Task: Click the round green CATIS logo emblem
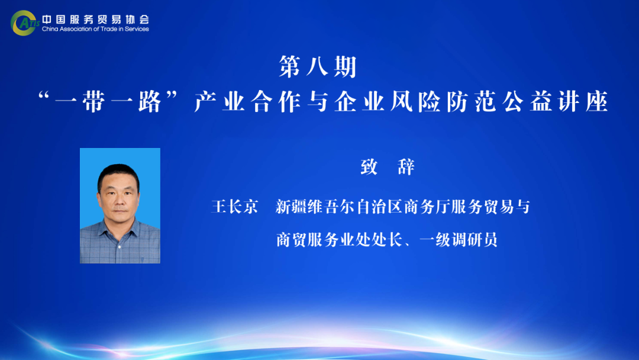click(x=23, y=23)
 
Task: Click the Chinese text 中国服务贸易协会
click(x=96, y=19)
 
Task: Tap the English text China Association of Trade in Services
click(x=95, y=29)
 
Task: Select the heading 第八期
click(x=318, y=66)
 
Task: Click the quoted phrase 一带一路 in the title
click(x=108, y=101)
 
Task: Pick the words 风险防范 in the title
click(x=443, y=101)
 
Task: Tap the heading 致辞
click(x=388, y=167)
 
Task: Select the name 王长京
click(x=235, y=207)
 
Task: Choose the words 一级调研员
click(x=459, y=240)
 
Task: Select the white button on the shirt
click(x=120, y=247)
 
